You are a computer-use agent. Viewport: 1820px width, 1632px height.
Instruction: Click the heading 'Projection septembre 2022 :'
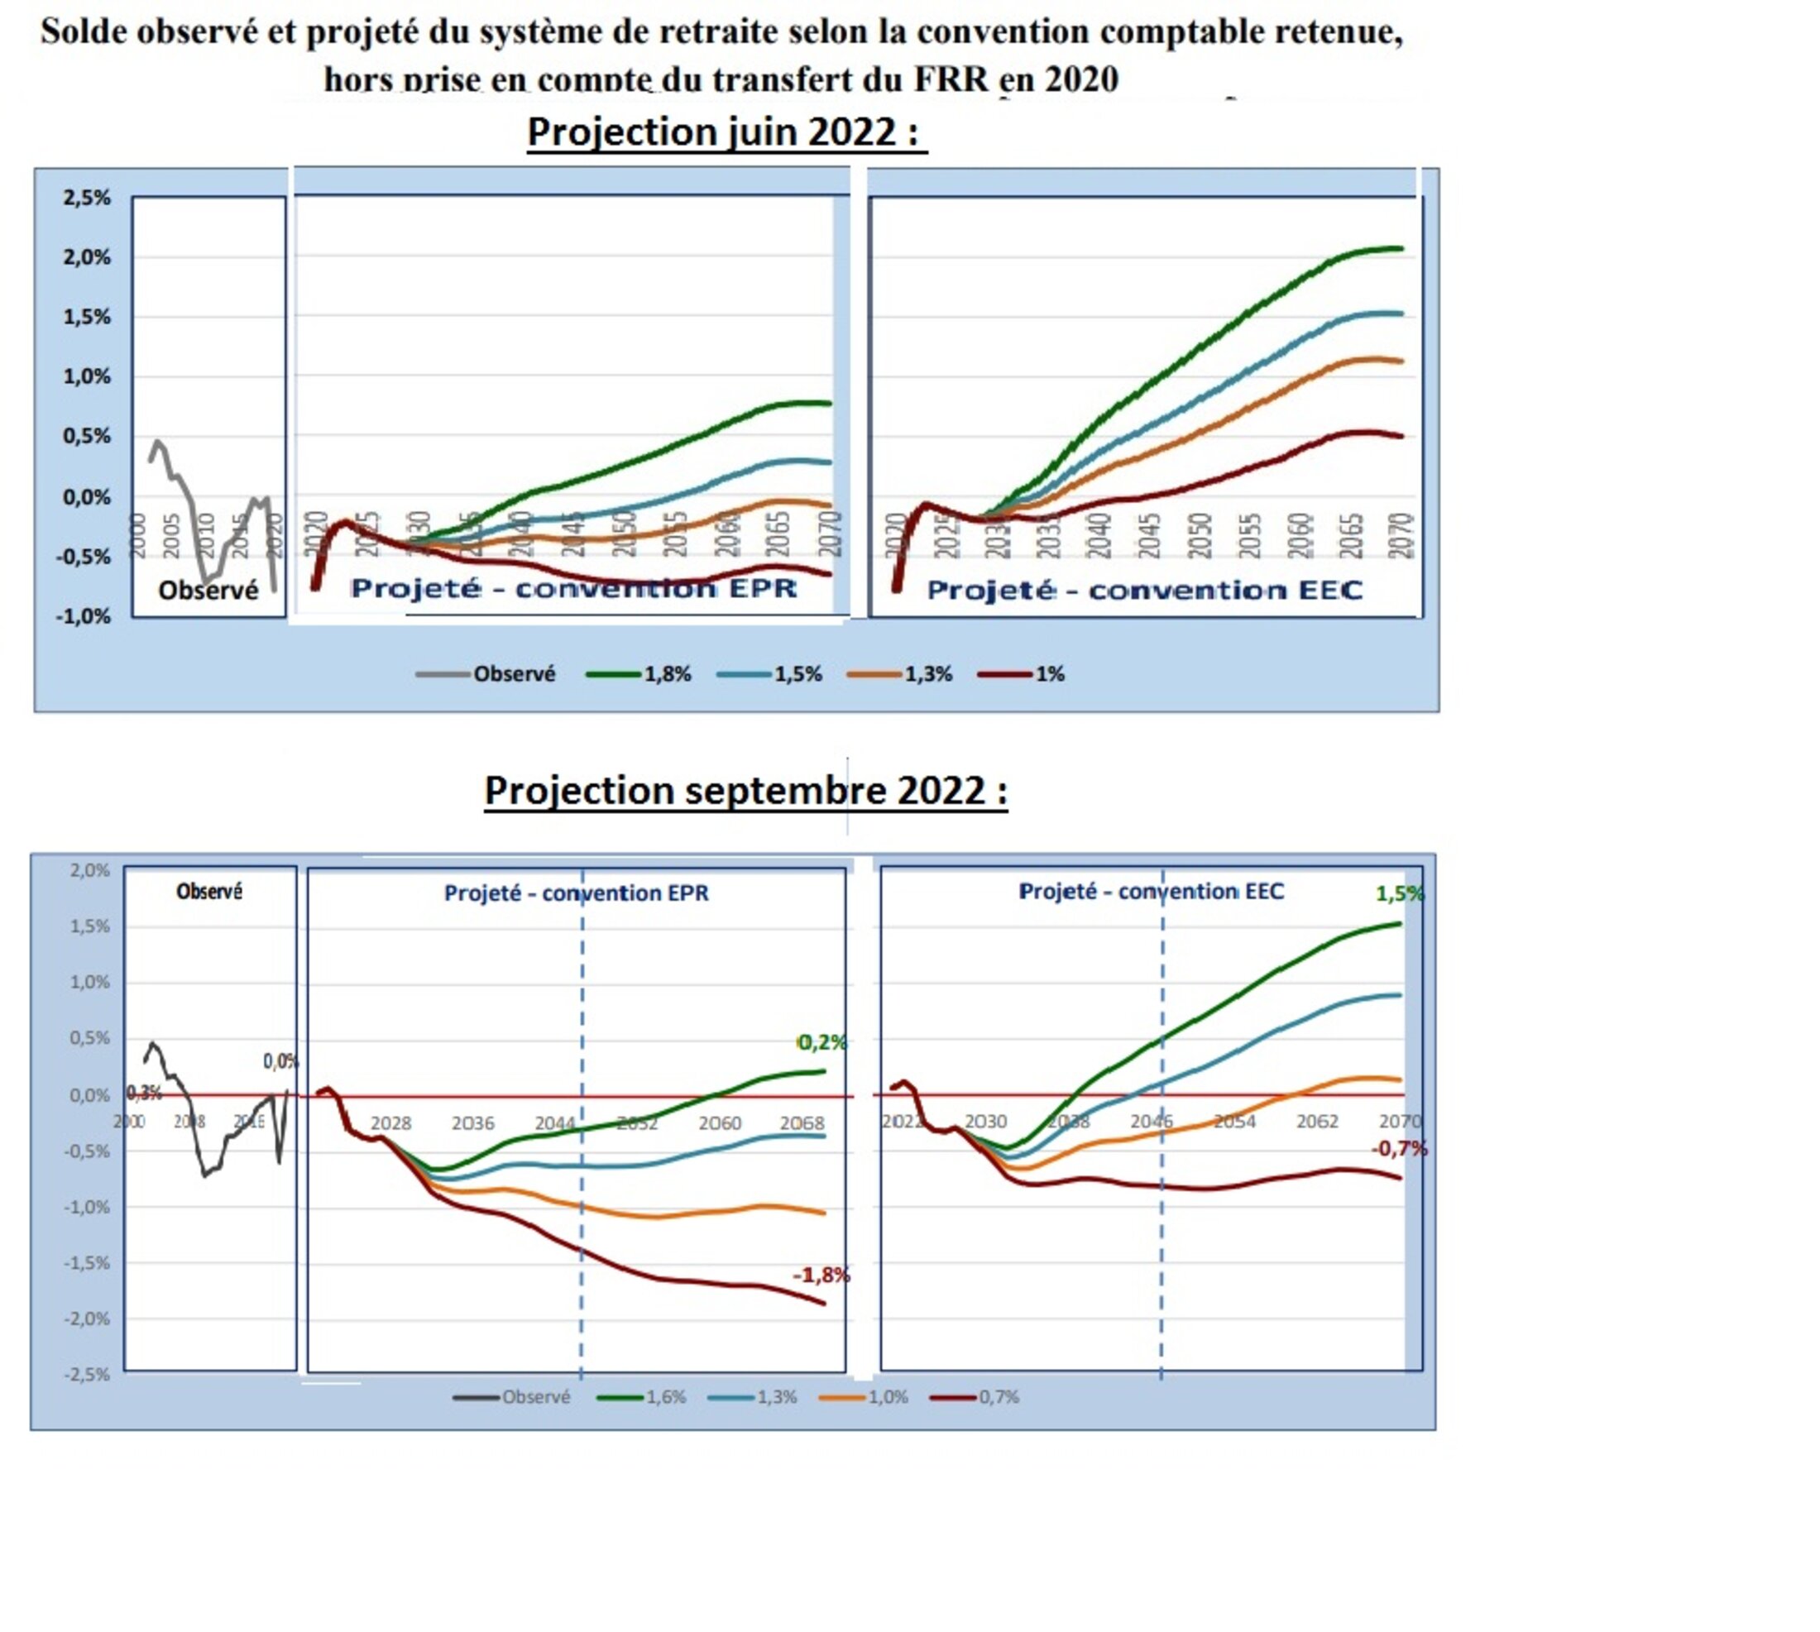pos(745,791)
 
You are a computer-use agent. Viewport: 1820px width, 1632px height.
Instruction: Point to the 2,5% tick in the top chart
pos(86,199)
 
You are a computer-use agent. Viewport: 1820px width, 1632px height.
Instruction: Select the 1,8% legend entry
pos(667,674)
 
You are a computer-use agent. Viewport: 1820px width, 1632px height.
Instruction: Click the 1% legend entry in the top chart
pos(1050,674)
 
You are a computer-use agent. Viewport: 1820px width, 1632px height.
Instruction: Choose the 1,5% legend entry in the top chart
pos(797,674)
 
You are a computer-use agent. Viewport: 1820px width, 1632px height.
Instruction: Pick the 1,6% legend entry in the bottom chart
pos(666,1397)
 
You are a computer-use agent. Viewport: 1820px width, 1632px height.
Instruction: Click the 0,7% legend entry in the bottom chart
pos(999,1397)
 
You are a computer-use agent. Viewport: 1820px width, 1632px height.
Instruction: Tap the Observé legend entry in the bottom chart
pos(535,1397)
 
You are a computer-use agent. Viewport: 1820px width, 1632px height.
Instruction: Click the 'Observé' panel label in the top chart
pos(208,590)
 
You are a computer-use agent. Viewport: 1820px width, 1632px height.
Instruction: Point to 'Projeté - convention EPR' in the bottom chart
pos(576,893)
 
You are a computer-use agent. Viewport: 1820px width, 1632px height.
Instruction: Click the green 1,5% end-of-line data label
pos(1399,894)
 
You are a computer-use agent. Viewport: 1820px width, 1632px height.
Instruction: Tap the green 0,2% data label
pos(821,1042)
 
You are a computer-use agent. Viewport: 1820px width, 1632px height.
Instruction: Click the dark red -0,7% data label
pos(1398,1149)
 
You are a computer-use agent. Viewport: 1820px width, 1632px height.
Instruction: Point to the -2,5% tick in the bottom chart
pos(87,1375)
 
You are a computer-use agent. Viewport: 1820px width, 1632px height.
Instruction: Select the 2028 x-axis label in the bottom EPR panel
pos(391,1123)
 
